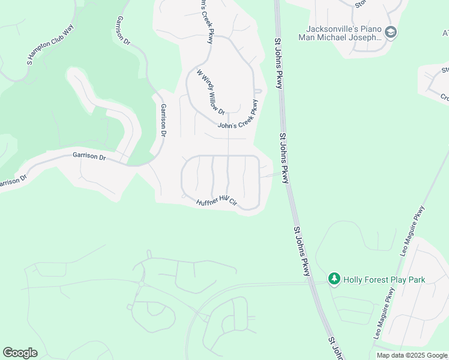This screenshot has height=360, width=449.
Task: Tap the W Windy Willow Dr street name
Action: [211, 92]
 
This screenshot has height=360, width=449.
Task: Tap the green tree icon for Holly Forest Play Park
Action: [334, 279]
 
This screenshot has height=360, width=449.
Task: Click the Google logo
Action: [20, 353]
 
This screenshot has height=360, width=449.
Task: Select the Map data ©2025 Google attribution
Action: [411, 355]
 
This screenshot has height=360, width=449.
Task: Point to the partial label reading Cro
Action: [445, 97]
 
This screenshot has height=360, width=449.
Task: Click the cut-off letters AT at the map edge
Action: [444, 33]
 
